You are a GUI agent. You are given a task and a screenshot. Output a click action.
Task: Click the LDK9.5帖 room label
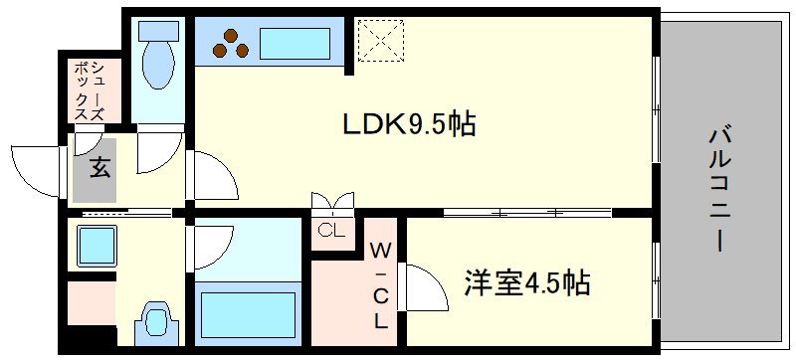408,125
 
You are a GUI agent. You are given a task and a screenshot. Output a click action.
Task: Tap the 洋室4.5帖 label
527,283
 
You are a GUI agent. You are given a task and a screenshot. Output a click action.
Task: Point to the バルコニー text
717,189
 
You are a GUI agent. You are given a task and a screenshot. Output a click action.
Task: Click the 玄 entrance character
99,168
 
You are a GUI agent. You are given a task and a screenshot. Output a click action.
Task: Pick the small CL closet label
331,232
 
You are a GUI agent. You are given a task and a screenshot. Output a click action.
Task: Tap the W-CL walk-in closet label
380,283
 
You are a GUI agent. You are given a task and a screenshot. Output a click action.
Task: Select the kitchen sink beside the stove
295,45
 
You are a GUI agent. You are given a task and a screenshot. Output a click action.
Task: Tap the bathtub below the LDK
248,312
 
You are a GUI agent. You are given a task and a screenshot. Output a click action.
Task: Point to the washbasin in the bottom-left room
156,321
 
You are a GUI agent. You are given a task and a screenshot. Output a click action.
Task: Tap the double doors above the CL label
332,203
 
